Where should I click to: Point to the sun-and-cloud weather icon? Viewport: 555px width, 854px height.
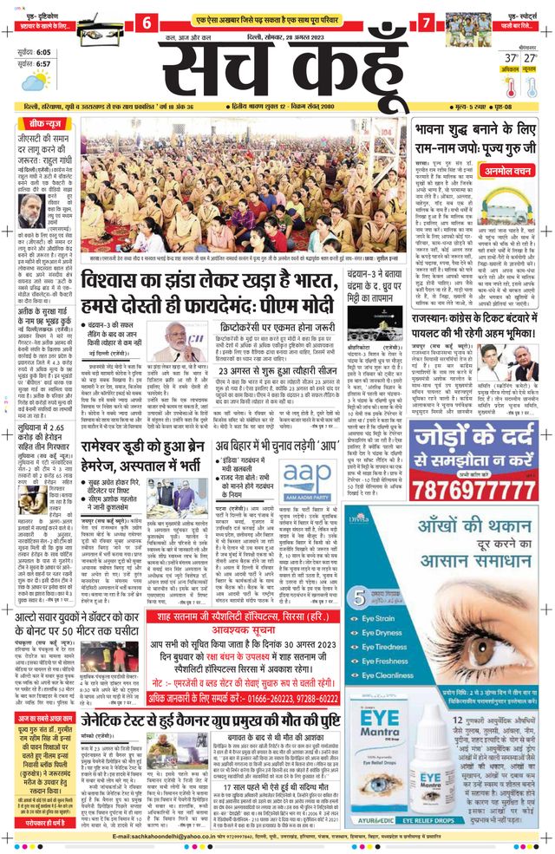(36, 81)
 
